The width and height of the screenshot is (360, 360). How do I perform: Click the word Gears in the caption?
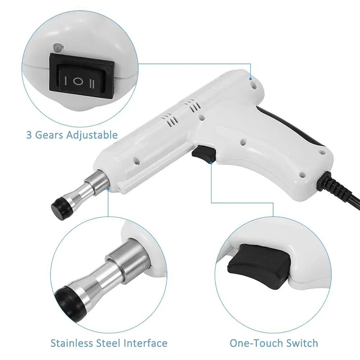coord(49,135)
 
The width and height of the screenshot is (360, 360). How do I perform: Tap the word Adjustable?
coord(92,135)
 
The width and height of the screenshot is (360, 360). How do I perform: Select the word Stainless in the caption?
coord(72,343)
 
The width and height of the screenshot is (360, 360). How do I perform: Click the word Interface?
coord(145,343)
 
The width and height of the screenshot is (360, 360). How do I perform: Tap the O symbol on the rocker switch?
coord(77,81)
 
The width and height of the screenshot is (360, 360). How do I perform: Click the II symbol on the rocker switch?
coord(92,84)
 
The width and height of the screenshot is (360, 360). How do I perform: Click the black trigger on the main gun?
coord(204,153)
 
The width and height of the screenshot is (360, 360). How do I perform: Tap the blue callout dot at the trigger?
coord(211,163)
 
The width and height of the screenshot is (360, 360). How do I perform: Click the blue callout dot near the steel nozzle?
coord(108,189)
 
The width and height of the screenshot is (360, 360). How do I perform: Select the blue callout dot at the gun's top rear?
coord(251,79)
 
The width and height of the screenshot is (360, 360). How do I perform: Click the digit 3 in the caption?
coord(29,135)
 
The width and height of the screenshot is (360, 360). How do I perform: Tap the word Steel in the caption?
coord(108,343)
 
